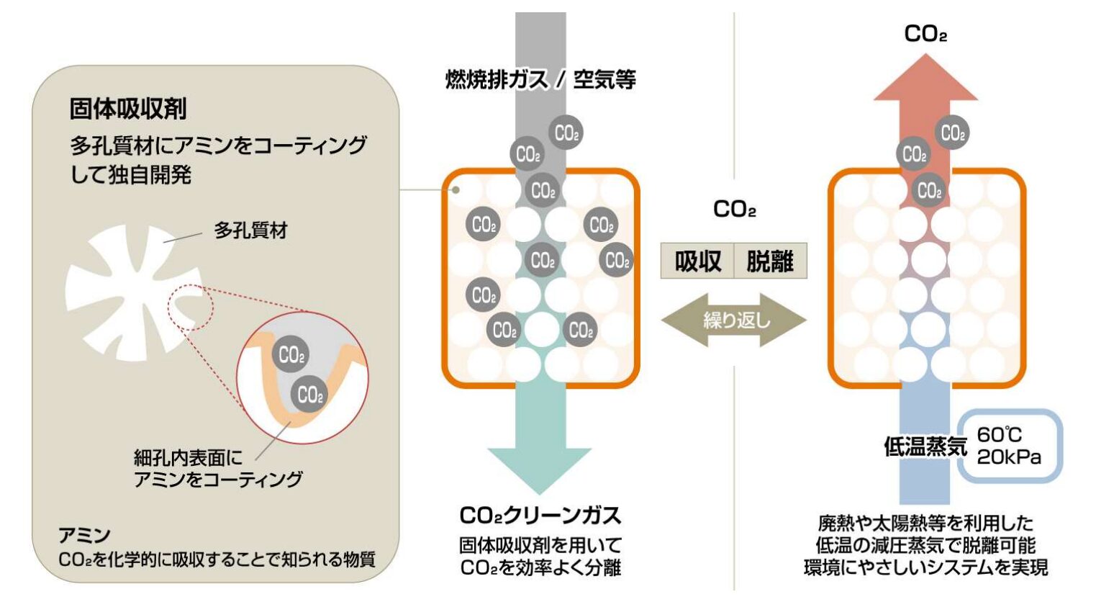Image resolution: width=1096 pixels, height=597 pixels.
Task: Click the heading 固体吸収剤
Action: click(x=128, y=109)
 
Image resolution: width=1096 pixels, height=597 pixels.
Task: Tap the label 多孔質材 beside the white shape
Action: click(x=250, y=230)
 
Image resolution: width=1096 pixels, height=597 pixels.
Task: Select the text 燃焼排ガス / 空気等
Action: click(x=540, y=79)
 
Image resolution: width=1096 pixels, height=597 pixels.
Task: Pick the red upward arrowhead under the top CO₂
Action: click(x=925, y=79)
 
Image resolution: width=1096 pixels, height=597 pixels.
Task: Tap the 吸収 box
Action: click(x=697, y=261)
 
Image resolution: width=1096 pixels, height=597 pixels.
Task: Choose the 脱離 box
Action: click(x=770, y=261)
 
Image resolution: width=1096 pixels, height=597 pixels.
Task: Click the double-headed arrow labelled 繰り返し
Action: click(x=734, y=320)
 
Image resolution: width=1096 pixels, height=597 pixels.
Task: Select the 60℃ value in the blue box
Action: click(x=999, y=435)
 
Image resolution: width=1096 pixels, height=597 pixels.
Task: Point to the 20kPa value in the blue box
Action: click(x=1009, y=457)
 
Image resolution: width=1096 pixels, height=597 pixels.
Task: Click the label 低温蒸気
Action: click(x=925, y=447)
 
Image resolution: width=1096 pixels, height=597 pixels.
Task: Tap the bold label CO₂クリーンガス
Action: click(x=540, y=516)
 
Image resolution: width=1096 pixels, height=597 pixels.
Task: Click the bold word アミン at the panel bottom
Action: click(x=84, y=535)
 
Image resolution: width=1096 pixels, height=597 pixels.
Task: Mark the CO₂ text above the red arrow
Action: click(x=925, y=34)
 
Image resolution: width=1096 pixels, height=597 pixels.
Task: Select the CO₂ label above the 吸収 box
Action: click(x=734, y=210)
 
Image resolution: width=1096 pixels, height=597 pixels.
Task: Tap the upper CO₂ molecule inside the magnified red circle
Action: click(x=291, y=355)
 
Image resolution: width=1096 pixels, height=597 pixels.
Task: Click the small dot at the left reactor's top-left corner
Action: click(x=456, y=190)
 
